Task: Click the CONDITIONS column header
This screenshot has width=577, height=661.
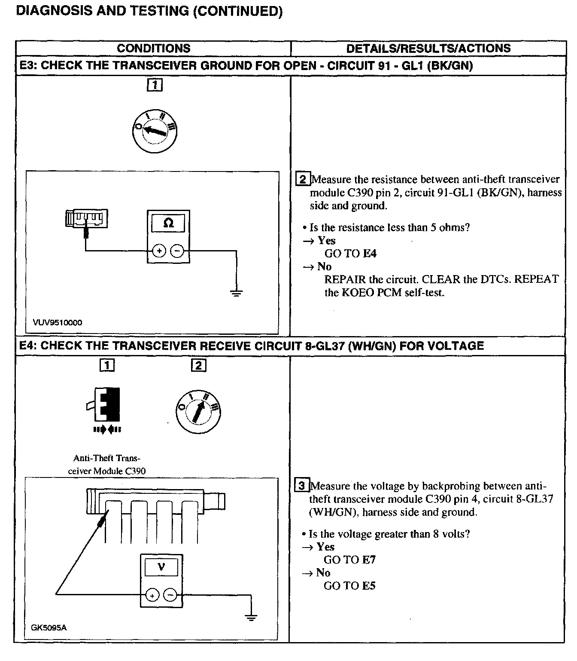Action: coord(153,48)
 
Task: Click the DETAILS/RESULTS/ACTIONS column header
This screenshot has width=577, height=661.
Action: coord(428,48)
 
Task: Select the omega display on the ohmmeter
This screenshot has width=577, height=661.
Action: coord(169,223)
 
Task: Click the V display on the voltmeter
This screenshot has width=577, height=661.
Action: coord(161,567)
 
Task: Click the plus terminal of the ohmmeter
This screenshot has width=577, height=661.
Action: coord(159,251)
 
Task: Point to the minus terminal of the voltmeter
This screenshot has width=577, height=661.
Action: coord(171,595)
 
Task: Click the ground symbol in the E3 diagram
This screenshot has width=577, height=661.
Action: coord(236,293)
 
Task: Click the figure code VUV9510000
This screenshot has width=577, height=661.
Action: coord(57,322)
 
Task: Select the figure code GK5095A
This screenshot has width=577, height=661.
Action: coord(49,628)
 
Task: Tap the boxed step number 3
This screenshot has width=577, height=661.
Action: coord(301,486)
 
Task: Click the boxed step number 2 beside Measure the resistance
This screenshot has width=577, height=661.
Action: coord(303,179)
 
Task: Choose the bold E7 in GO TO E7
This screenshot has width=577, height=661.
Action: coord(369,560)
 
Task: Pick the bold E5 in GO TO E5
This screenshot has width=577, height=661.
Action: coord(369,586)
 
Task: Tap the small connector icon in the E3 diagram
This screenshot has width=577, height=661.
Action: coord(86,219)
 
